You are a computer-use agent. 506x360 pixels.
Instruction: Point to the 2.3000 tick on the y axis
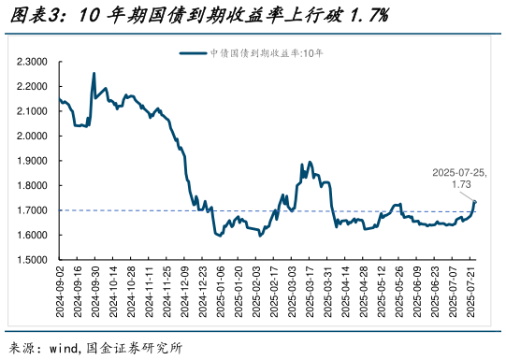pyautogui.click(x=32, y=62)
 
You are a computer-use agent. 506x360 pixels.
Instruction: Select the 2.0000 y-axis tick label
pyautogui.click(x=32, y=137)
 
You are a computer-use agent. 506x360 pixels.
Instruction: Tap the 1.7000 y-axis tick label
pyautogui.click(x=32, y=210)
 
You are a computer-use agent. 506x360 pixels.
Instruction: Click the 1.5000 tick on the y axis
pyautogui.click(x=32, y=260)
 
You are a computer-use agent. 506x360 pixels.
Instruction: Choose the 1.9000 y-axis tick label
pyautogui.click(x=32, y=161)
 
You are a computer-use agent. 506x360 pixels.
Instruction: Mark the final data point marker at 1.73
pyautogui.click(x=475, y=202)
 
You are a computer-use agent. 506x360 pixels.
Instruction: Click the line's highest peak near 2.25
pyautogui.click(x=94, y=74)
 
